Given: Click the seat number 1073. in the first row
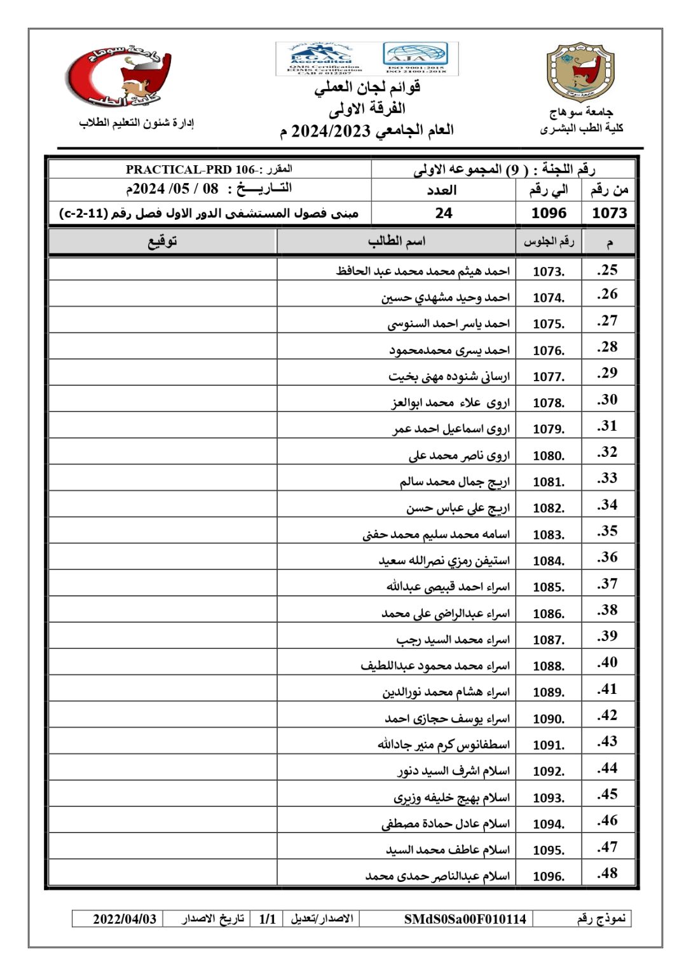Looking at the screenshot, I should pyautogui.click(x=548, y=271).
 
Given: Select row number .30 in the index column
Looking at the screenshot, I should pyautogui.click(x=607, y=400).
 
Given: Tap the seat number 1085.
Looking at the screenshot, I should pyautogui.click(x=548, y=587).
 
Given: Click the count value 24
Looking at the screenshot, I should pyautogui.click(x=444, y=213).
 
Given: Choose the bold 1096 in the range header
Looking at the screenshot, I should pyautogui.click(x=549, y=213).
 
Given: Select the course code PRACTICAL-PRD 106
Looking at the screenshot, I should pyautogui.click(x=190, y=170).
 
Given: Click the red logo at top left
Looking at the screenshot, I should pyautogui.click(x=119, y=77).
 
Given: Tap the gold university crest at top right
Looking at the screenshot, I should pyautogui.click(x=580, y=72).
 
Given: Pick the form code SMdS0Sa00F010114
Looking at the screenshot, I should pyautogui.click(x=465, y=919).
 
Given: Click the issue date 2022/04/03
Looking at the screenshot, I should pyautogui.click(x=125, y=919).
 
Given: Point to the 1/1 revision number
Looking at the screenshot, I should pyautogui.click(x=268, y=919).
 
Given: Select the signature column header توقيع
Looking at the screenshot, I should pyautogui.click(x=162, y=241).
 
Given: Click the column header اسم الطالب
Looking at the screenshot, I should pyautogui.click(x=396, y=241).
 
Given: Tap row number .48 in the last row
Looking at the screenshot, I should pyautogui.click(x=607, y=873).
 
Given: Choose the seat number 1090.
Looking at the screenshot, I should pyautogui.click(x=548, y=719).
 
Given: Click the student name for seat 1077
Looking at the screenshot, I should pyautogui.click(x=449, y=376).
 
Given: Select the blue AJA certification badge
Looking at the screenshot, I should pyautogui.click(x=416, y=58).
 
